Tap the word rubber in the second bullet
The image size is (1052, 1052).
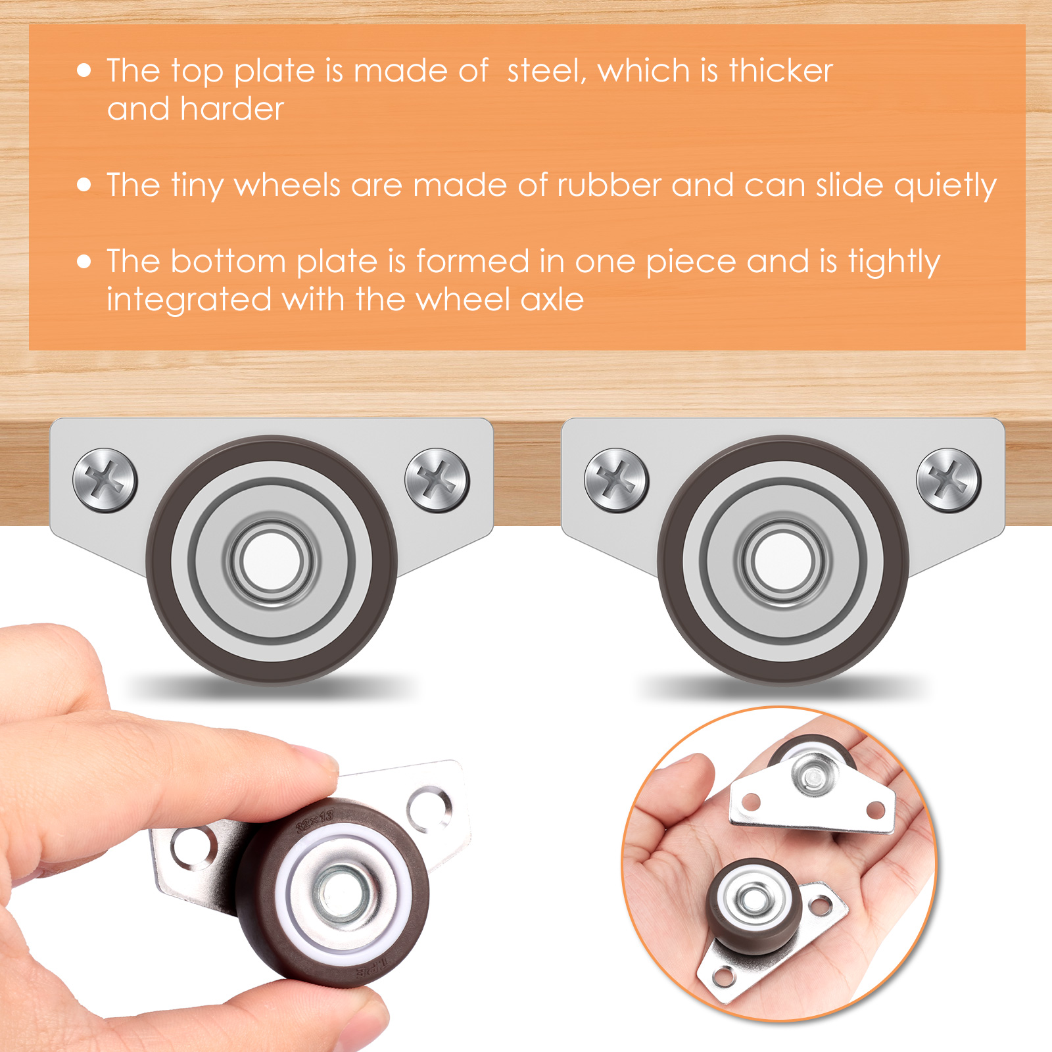(609, 185)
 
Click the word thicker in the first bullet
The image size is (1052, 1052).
(780, 70)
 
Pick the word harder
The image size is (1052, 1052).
(231, 108)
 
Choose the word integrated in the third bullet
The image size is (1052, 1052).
(189, 300)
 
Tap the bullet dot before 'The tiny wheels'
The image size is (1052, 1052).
(84, 185)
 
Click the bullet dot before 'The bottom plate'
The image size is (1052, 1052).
(84, 262)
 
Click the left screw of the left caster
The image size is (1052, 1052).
(105, 480)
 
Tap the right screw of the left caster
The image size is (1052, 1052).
(437, 480)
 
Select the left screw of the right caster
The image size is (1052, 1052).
(617, 480)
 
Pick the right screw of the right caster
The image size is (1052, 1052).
(948, 480)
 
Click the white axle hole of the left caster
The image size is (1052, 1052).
(272, 561)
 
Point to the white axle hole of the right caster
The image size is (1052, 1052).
(783, 561)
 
